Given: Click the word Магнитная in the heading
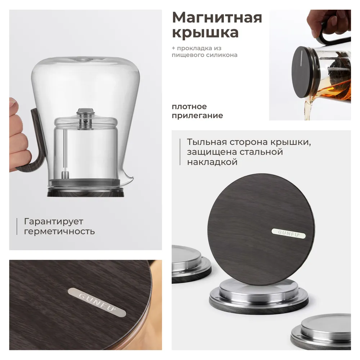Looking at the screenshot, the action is (x=217, y=18).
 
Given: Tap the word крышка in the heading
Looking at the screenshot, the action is (x=205, y=32).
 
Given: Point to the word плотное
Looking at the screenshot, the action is (x=189, y=107).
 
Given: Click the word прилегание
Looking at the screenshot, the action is (x=197, y=116).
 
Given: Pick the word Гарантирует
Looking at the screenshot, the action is (x=54, y=221).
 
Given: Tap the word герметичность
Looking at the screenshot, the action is (x=59, y=231).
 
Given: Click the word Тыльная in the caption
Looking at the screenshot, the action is (x=207, y=142).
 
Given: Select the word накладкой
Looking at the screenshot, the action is (x=212, y=162).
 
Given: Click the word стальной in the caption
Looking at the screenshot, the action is (x=261, y=152).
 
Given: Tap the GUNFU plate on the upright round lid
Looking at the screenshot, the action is (x=289, y=234).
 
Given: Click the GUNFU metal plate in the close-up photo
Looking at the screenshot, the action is (x=97, y=302).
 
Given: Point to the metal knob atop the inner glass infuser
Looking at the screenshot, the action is (x=86, y=112).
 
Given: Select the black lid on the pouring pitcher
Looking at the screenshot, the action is (x=303, y=72).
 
